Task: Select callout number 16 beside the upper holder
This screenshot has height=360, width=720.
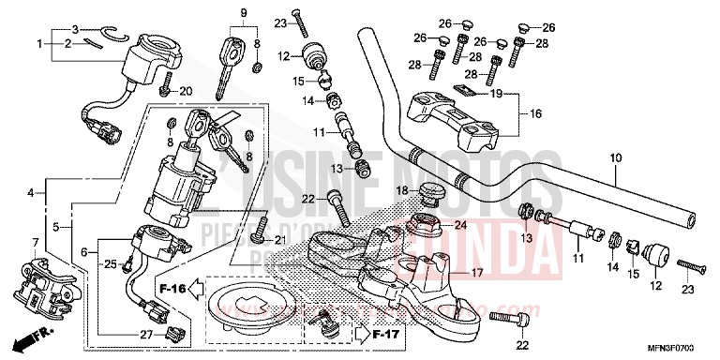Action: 536,113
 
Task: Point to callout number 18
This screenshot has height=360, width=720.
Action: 400,191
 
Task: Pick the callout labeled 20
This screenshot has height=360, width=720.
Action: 185,91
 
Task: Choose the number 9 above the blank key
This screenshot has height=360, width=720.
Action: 244,13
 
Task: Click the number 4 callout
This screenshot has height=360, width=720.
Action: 31,193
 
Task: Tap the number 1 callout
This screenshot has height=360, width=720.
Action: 39,44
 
